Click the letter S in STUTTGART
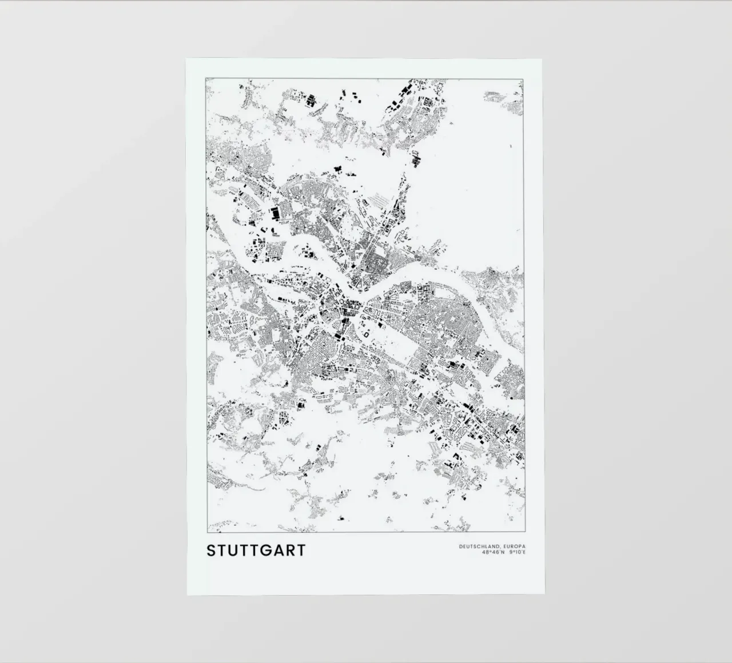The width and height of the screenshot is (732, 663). [212, 550]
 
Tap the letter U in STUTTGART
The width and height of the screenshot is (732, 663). [236, 550]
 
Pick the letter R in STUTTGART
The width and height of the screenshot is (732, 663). [291, 550]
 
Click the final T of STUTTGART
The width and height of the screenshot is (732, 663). [301, 550]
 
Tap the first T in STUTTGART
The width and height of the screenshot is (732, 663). [223, 550]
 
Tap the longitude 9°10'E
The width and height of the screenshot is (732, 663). [516, 553]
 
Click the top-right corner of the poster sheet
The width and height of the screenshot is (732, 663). [543, 57]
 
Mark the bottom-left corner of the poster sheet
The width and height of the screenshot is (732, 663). [188, 595]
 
